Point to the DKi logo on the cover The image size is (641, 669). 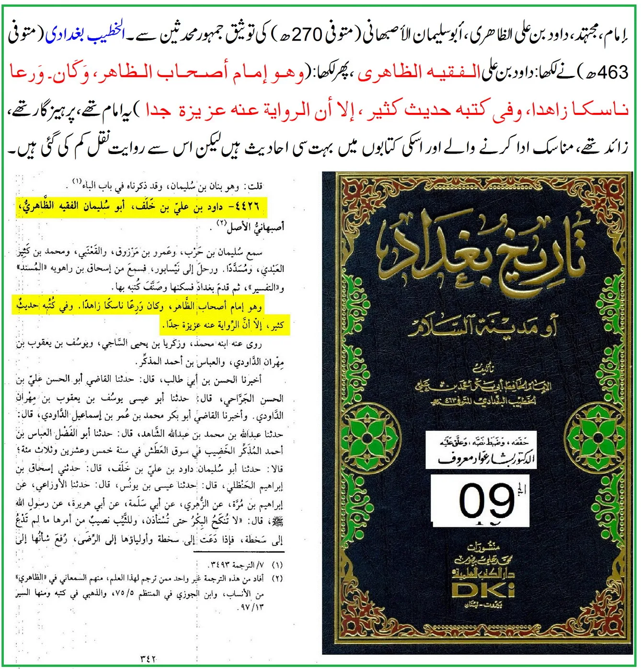[x=483, y=590]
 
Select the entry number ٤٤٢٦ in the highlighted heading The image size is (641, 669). [x=247, y=207]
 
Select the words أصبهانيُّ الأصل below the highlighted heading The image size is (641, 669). [x=256, y=227]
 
